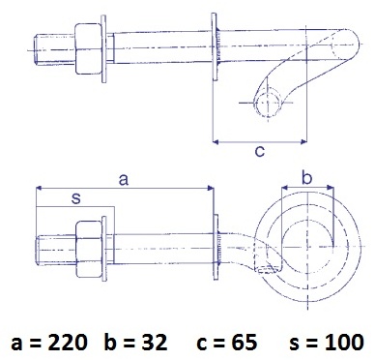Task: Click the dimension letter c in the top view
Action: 260,151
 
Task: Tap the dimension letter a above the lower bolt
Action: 124,180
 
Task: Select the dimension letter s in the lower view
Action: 76,198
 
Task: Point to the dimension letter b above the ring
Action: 307,177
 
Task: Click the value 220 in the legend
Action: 68,343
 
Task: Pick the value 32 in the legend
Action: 155,343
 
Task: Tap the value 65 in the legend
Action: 245,343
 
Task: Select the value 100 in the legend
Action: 344,343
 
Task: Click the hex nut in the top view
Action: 88,48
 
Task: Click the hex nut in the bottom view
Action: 89,249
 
